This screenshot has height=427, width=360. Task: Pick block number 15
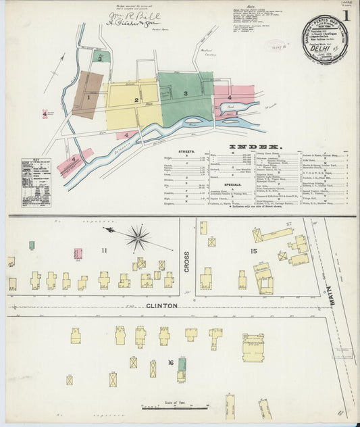click(253, 251)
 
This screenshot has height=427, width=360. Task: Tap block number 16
click(172, 363)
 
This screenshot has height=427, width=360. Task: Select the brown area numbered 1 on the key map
click(88, 96)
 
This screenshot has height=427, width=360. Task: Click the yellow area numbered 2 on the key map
click(136, 101)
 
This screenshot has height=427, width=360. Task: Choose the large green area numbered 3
click(184, 95)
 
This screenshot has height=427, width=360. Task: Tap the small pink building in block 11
click(78, 253)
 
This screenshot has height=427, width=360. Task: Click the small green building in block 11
click(32, 245)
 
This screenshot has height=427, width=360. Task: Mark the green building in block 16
click(182, 364)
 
